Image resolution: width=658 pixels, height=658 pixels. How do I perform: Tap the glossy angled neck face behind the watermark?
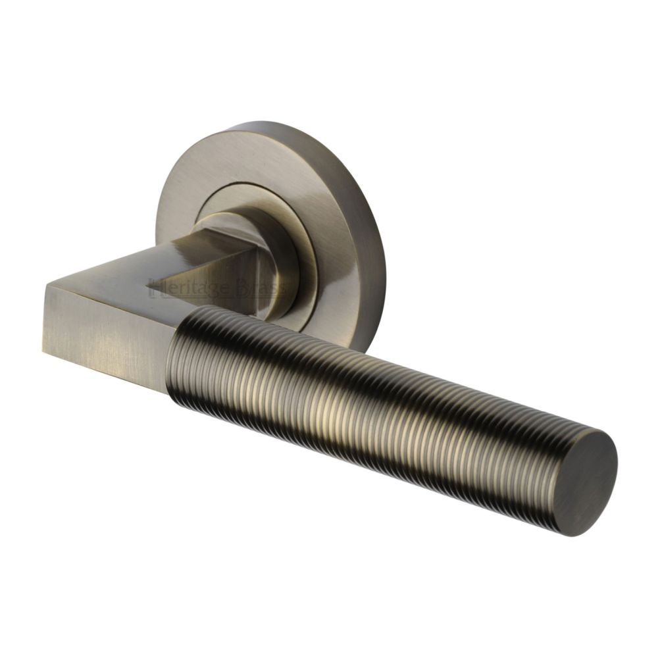coord(224,263)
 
